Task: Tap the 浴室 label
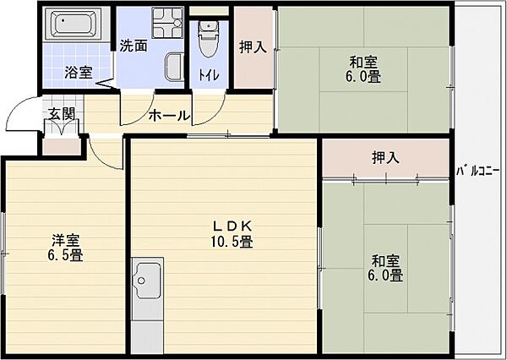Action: [79, 73]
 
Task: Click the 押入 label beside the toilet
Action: [253, 47]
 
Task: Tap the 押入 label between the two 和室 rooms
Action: [385, 157]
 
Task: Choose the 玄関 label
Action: [61, 112]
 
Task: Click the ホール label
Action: [169, 116]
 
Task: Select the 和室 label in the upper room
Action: [363, 61]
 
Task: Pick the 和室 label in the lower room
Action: [384, 259]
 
